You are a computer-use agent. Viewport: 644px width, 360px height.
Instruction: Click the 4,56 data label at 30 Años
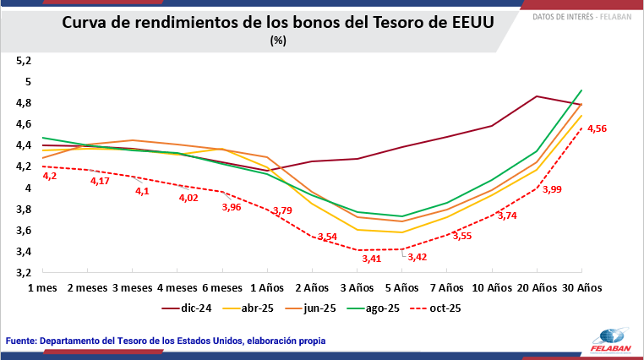(597, 128)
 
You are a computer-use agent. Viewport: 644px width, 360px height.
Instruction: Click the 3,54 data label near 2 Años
(326, 237)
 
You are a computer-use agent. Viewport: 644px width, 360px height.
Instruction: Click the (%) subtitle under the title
(279, 40)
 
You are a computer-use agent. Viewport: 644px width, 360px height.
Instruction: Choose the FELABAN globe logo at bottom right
(610, 335)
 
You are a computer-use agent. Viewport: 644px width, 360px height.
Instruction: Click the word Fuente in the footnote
(25, 341)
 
